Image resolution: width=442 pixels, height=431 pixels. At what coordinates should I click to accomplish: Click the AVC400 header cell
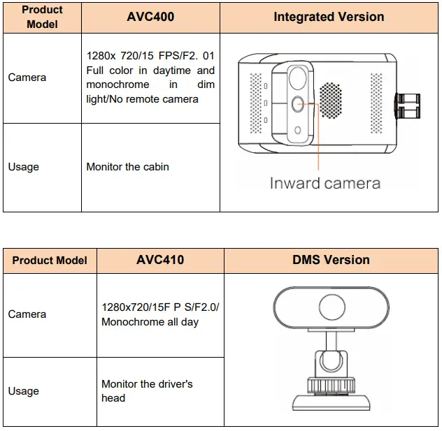click(150, 17)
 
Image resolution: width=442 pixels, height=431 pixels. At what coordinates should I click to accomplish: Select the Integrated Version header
click(329, 17)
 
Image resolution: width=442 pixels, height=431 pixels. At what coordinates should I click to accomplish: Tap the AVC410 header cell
click(160, 260)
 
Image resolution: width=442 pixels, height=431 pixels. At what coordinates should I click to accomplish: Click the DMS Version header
click(331, 260)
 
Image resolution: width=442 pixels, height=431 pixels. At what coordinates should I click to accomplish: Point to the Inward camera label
click(325, 183)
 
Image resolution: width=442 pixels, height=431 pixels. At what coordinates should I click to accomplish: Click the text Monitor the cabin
click(127, 167)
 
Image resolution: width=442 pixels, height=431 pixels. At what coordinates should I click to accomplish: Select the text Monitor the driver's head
click(147, 390)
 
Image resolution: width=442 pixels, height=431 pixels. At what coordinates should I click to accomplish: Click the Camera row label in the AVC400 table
click(27, 78)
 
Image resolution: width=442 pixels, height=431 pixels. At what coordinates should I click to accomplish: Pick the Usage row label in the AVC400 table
click(23, 167)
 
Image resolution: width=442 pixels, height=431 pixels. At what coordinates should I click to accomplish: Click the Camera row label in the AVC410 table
click(27, 314)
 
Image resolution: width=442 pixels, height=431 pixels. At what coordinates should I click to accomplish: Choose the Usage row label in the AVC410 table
click(23, 391)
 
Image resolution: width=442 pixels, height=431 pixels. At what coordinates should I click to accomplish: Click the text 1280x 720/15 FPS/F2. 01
click(150, 55)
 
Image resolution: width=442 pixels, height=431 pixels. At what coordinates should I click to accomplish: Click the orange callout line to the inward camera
click(319, 140)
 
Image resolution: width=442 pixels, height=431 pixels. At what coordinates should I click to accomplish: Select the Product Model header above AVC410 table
click(50, 260)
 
